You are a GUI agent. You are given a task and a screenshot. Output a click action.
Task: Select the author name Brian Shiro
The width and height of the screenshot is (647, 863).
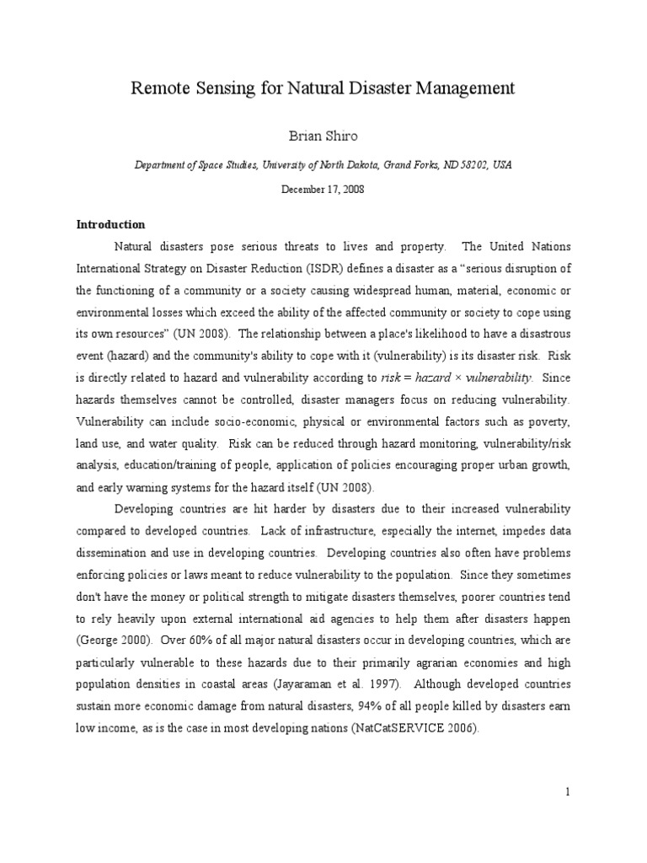323,135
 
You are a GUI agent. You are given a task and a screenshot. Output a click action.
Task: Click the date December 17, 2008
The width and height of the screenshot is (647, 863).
323,191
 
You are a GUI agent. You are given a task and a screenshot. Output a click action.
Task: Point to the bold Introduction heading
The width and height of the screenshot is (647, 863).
111,225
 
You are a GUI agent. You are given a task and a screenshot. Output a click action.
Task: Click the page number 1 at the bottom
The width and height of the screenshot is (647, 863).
569,791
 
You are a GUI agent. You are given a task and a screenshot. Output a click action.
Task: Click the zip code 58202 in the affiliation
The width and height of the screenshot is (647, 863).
471,165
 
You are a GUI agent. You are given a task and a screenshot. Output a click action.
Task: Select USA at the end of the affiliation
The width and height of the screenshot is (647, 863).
501,165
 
